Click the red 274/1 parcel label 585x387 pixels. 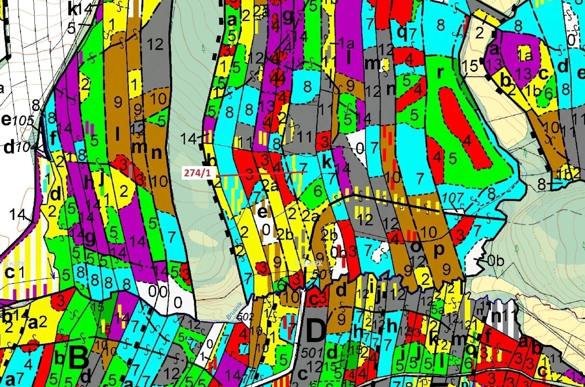coord(197,173)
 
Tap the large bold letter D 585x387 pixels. coord(316,331)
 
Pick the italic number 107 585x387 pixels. coord(453,198)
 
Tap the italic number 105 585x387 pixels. coord(23,121)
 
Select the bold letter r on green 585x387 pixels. coord(440,73)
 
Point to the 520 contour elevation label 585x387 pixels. coord(180,116)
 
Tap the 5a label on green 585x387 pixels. coord(437,310)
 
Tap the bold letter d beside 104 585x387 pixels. coord(9,147)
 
